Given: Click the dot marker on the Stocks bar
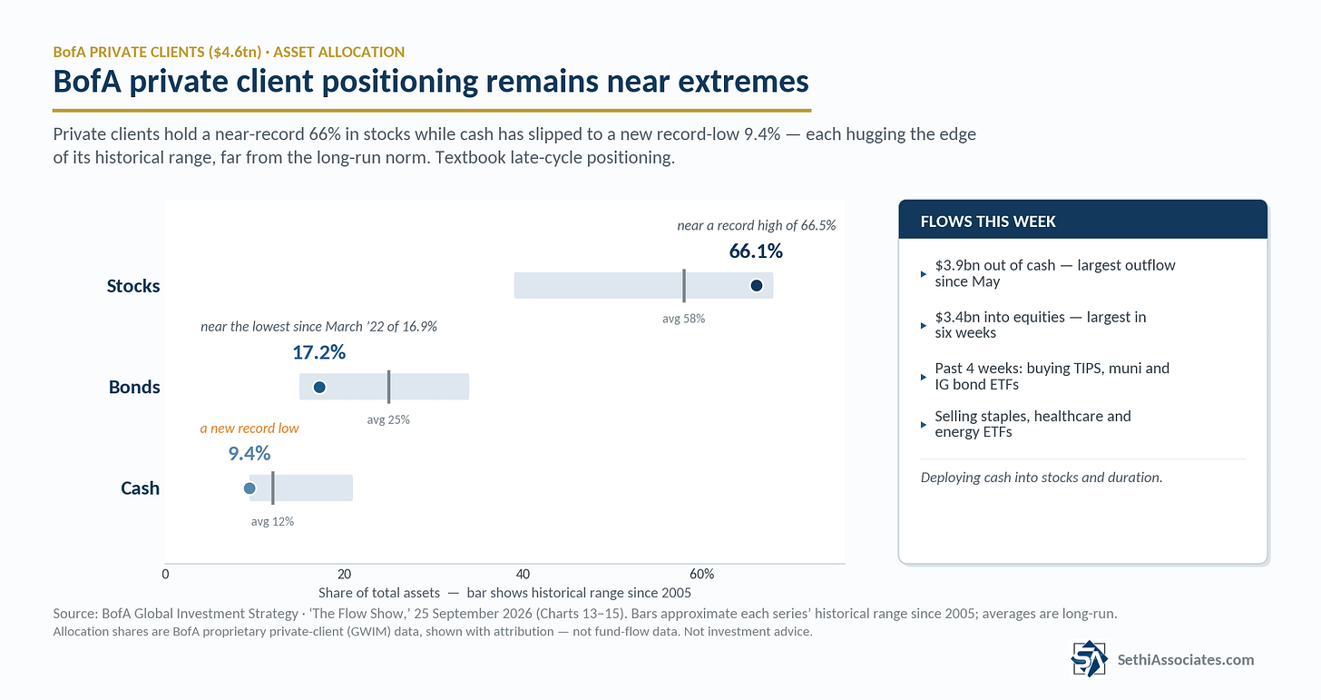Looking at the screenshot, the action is coord(756,286).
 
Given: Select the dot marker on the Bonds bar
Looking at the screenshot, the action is coord(319,387).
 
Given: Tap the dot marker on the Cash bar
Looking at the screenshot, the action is coord(250,488).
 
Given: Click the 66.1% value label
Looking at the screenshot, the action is coord(756,251).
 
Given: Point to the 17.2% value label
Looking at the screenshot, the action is coord(319,352).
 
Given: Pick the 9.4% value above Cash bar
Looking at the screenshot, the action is coord(249,453).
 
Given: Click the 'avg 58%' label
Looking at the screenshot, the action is coord(683,319).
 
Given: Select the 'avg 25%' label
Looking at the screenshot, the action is coord(388,419).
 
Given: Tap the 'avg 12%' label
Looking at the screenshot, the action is coord(272,521).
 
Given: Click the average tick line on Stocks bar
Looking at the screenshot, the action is coord(684,286).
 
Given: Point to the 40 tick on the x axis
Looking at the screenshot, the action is coord(523,574).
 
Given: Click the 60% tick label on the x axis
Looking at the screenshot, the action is coord(702,574).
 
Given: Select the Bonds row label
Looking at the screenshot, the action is coord(134,387).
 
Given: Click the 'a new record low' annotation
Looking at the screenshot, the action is coord(250,428).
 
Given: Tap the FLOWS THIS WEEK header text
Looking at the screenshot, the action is coord(988,222).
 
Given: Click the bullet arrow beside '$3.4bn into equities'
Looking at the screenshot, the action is coord(923,325).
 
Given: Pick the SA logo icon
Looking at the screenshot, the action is coord(1089,658).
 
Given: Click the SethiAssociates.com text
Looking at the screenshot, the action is coord(1185,659).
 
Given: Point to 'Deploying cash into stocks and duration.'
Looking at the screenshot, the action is coord(1042,477).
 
